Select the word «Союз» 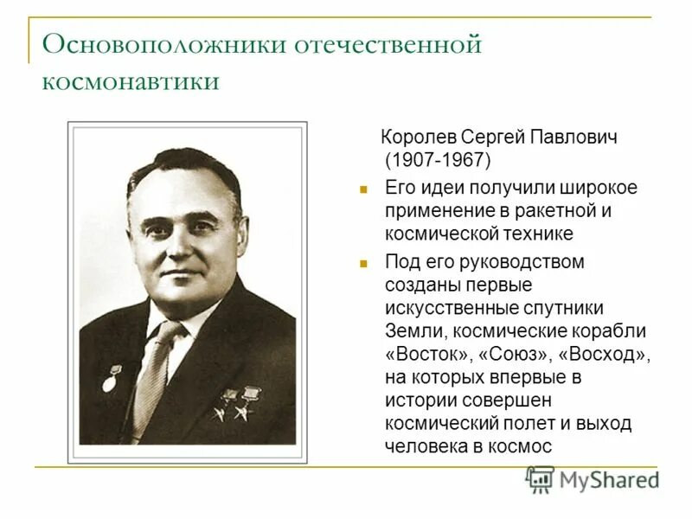516,355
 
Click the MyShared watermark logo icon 540,479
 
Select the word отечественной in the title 389,44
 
